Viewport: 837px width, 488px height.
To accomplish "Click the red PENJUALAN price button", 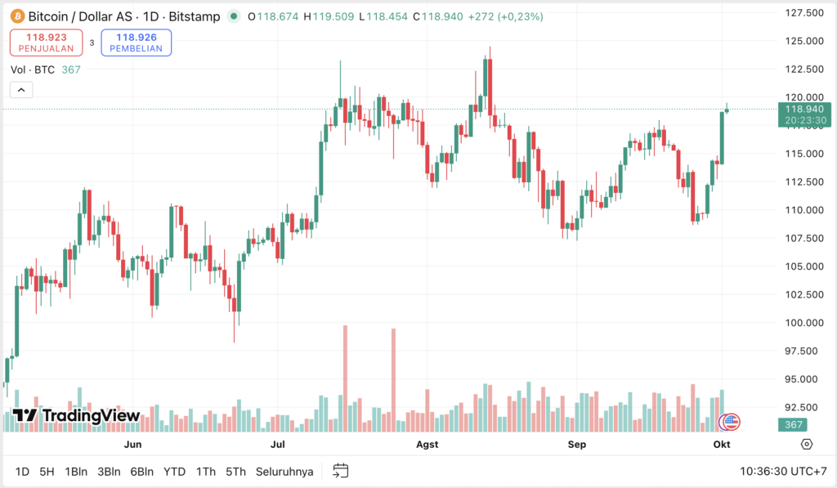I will [47, 43].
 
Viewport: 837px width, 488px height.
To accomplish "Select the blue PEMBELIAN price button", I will [136, 43].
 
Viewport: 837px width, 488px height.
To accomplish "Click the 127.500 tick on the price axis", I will [803, 13].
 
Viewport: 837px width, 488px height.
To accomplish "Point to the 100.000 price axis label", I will [803, 322].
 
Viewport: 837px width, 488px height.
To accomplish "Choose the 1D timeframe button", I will [22, 472].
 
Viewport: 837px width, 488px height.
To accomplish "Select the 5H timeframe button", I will [47, 472].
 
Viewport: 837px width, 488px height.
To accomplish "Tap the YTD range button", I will [174, 472].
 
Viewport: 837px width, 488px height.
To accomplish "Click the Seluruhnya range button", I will [284, 472].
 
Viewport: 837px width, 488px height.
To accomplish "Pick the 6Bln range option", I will [142, 472].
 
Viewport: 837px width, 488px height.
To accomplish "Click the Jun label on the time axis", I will [133, 445].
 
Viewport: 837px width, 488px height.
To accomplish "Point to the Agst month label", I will [427, 445].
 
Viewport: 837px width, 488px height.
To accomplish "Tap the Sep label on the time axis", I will [577, 445].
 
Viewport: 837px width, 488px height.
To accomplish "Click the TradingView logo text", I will [77, 416].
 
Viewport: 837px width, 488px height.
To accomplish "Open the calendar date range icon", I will [341, 471].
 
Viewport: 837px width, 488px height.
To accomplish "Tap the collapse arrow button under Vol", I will [21, 90].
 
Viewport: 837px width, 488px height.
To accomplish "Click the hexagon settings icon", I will [807, 444].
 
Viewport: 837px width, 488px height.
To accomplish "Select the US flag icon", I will [729, 422].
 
